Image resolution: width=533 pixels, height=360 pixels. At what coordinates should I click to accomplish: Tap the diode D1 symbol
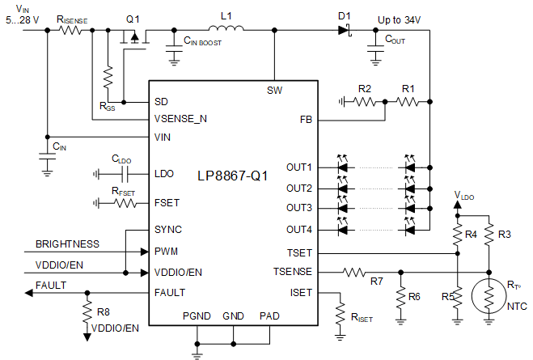[343, 31]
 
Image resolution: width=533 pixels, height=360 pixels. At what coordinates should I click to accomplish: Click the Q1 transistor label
[133, 19]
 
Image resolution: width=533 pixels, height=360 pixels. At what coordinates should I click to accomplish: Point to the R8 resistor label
[102, 311]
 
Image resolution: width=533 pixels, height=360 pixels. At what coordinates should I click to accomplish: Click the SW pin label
[274, 89]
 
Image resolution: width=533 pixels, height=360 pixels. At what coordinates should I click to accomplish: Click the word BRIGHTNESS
[67, 244]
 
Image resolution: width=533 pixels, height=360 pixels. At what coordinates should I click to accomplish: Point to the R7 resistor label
[376, 282]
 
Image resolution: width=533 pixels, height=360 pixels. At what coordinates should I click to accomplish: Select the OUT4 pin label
[299, 229]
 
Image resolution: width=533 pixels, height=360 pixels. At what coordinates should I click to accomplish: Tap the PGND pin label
[197, 316]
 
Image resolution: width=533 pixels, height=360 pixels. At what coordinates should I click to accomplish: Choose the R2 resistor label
[365, 88]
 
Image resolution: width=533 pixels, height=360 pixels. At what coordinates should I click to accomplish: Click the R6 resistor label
[414, 297]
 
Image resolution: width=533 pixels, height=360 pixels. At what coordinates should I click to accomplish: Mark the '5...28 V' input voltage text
[21, 19]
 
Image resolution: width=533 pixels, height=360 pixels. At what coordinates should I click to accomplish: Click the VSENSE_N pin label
[180, 118]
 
